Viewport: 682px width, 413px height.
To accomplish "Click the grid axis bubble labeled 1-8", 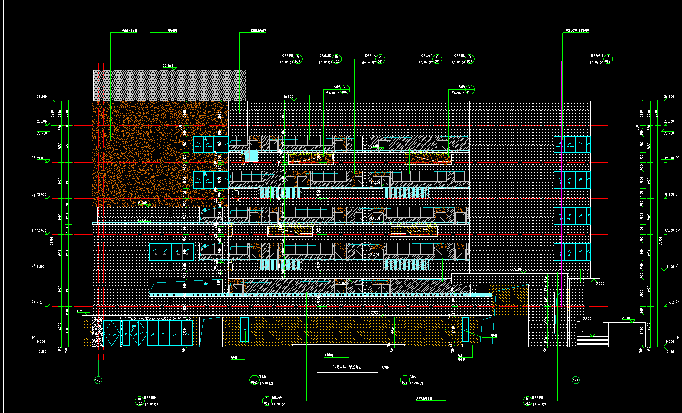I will click(98, 380).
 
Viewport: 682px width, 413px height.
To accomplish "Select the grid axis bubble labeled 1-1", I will click(576, 380).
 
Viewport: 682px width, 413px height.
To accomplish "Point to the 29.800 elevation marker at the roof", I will click(167, 66).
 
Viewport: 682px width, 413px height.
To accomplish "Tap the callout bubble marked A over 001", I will click(381, 58).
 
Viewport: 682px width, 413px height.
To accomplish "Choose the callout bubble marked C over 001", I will click(437, 58).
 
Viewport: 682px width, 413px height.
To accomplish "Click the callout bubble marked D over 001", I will click(470, 58).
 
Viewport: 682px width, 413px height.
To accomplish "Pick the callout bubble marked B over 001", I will click(298, 58).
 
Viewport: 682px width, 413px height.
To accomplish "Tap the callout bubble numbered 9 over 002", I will click(267, 401).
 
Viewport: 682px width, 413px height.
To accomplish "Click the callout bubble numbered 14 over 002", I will click(527, 401).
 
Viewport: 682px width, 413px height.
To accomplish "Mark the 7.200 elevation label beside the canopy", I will click(599, 284).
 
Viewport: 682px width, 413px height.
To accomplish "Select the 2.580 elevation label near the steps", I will click(626, 318).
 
